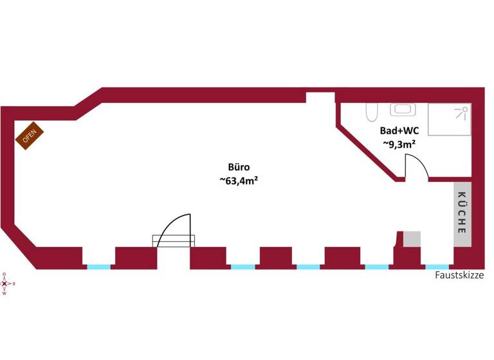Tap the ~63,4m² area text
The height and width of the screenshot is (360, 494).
tap(239, 181)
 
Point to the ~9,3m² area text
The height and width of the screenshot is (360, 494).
tap(399, 145)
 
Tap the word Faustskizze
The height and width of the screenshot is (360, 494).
tap(459, 275)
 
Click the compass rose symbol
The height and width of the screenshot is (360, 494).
tap(5, 283)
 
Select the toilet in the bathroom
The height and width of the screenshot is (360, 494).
tap(371, 113)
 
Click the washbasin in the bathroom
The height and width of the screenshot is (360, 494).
tap(402, 111)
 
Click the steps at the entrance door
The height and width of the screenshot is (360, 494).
tap(173, 240)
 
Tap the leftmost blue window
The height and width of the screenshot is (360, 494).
tap(98, 267)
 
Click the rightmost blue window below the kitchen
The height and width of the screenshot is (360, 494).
tap(437, 267)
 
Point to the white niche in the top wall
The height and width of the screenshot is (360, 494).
tap(320, 98)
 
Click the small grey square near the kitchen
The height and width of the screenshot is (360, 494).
tap(411, 239)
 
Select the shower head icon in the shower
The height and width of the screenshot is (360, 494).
tap(461, 113)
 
